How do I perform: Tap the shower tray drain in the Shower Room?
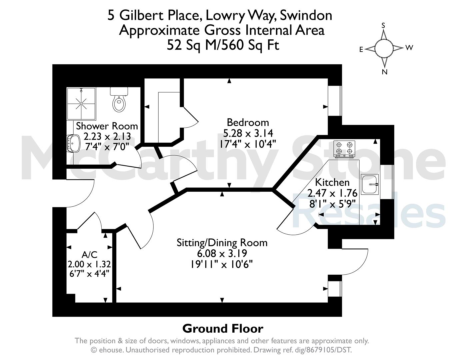(81, 104)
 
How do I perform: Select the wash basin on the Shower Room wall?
(73, 143)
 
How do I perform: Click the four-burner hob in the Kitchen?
(344, 149)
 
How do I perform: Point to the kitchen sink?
(370, 184)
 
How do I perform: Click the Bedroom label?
(248, 123)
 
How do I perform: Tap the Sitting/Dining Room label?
(222, 243)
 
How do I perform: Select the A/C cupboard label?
(90, 255)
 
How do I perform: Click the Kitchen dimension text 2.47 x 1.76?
(332, 193)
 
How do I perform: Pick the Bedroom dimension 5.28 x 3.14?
(248, 133)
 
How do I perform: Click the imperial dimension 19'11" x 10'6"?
(222, 264)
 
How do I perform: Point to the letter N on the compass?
(385, 72)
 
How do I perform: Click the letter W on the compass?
(409, 48)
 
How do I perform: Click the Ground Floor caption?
(223, 329)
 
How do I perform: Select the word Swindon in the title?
(306, 16)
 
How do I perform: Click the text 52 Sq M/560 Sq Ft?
(223, 45)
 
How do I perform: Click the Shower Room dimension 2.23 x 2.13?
(107, 136)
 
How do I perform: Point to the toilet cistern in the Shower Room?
(119, 91)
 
